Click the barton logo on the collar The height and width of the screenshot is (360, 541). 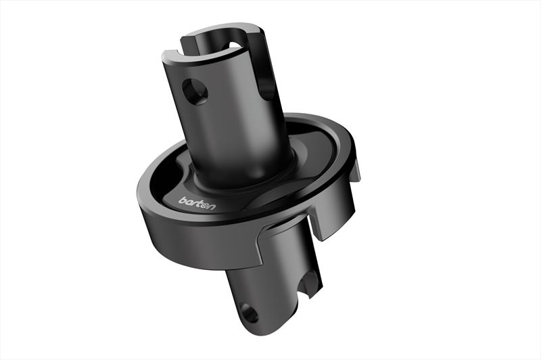197,202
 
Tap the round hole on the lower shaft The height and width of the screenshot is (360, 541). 248,314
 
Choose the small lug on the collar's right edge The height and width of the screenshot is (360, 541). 357,173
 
